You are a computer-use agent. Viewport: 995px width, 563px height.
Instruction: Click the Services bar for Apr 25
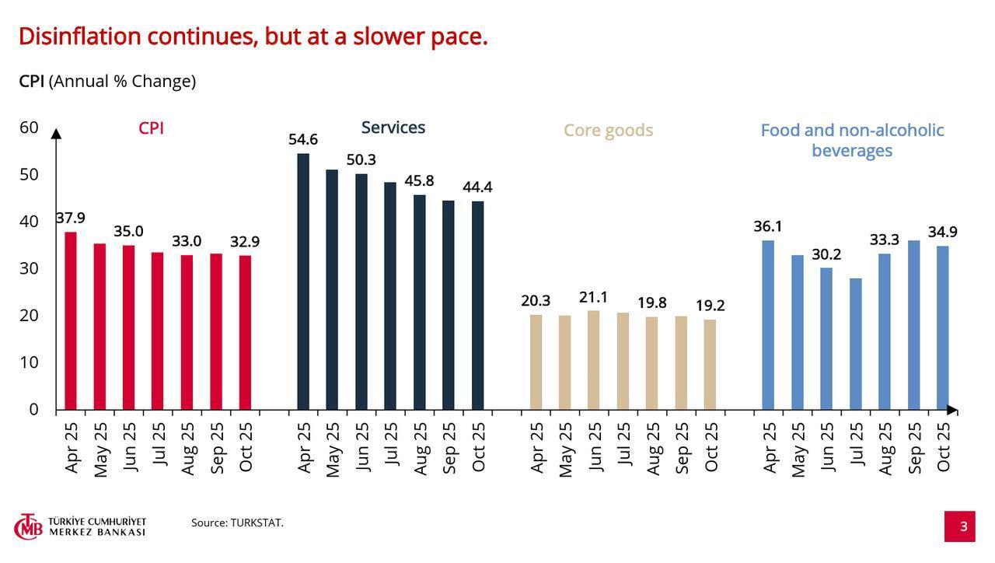(303, 281)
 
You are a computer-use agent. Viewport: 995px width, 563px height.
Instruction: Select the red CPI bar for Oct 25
(245, 332)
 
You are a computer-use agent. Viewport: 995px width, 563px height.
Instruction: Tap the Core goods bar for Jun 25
(593, 360)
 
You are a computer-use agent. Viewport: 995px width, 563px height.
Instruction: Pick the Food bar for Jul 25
(855, 344)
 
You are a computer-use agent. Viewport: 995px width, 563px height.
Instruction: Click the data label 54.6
(303, 140)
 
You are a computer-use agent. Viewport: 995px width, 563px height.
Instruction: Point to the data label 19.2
(710, 306)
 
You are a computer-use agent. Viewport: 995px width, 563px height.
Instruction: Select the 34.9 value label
(942, 232)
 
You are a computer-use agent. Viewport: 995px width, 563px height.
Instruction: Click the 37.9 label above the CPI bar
(71, 219)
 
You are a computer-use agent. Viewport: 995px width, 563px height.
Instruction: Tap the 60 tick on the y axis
(29, 128)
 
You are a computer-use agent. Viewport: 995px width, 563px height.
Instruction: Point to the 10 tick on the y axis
(29, 362)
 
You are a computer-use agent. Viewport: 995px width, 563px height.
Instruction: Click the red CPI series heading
(151, 128)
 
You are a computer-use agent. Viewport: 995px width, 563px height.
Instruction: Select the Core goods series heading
(608, 131)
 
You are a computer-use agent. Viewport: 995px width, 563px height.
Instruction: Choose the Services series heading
(393, 128)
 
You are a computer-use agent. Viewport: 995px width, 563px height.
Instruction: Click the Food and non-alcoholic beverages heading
(852, 140)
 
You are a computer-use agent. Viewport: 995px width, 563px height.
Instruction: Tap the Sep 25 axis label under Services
(449, 448)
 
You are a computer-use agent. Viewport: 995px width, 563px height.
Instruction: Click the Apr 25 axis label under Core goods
(536, 448)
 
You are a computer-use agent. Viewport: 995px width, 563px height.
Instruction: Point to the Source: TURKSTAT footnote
(237, 523)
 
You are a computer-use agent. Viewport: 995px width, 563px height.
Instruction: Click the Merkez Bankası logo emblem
(30, 526)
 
